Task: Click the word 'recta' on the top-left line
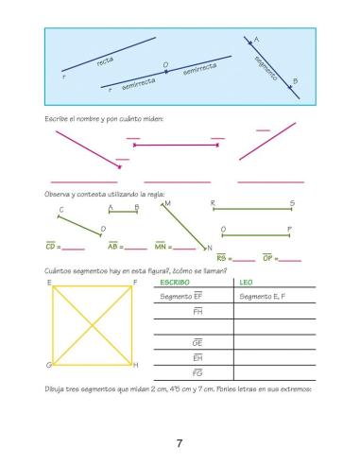(x=105, y=61)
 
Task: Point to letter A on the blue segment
(x=257, y=39)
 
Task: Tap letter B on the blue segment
(x=295, y=81)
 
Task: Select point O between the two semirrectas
(x=165, y=65)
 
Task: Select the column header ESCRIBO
(x=176, y=283)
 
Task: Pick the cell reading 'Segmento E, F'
(x=266, y=297)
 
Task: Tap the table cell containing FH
(x=197, y=311)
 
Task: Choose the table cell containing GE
(x=197, y=342)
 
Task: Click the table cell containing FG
(x=197, y=373)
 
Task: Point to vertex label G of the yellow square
(x=48, y=365)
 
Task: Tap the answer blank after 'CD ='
(x=75, y=248)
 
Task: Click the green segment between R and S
(x=251, y=210)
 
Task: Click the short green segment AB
(x=124, y=213)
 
